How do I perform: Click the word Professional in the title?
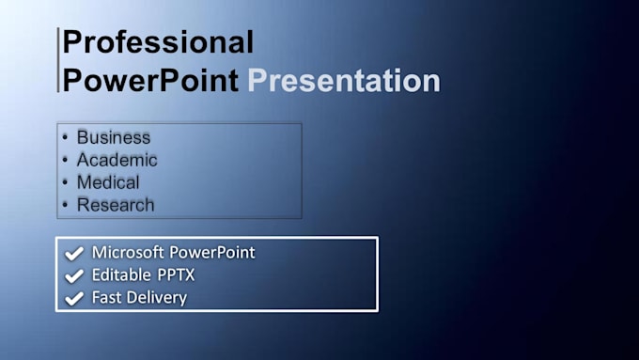pyautogui.click(x=158, y=41)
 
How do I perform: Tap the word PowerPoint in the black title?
pyautogui.click(x=150, y=80)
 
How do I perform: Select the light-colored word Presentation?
pyautogui.click(x=344, y=80)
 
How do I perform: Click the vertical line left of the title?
pyautogui.click(x=58, y=60)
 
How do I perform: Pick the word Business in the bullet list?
pyautogui.click(x=114, y=137)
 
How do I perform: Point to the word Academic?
pyautogui.click(x=117, y=160)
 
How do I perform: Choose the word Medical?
pyautogui.click(x=108, y=182)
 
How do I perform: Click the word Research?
pyautogui.click(x=116, y=205)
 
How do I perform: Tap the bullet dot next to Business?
pyautogui.click(x=65, y=137)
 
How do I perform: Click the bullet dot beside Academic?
pyautogui.click(x=65, y=160)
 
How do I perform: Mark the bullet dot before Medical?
pyautogui.click(x=65, y=182)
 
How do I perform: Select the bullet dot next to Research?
pyautogui.click(x=65, y=205)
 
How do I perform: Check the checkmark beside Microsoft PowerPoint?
pyautogui.click(x=74, y=253)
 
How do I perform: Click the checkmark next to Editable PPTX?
pyautogui.click(x=74, y=275)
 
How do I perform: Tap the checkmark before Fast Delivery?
pyautogui.click(x=74, y=298)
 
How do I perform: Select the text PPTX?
pyautogui.click(x=176, y=274)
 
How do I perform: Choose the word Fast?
pyautogui.click(x=106, y=297)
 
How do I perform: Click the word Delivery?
pyautogui.click(x=157, y=298)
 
